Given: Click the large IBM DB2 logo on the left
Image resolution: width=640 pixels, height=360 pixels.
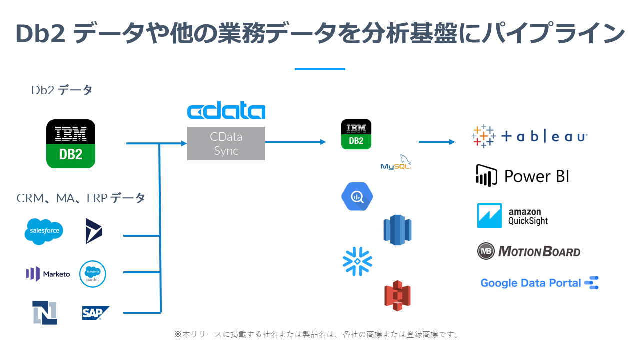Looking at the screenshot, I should (70, 144).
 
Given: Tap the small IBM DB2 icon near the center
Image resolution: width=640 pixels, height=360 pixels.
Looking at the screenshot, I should (356, 134).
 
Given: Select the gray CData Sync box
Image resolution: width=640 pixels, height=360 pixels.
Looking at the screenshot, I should (226, 144).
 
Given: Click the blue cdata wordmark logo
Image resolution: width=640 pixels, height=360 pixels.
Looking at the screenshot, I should (226, 112).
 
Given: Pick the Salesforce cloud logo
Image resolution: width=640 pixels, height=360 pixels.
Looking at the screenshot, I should (44, 231).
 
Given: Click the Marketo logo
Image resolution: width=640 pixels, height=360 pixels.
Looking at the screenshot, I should (48, 274).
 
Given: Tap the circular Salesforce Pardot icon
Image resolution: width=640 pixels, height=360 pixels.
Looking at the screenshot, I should (93, 274).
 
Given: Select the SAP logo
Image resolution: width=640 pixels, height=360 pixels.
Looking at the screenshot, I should (95, 313).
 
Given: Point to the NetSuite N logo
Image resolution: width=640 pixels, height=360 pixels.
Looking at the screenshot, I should (45, 313).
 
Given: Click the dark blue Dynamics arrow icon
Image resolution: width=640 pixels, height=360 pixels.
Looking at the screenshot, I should (93, 231).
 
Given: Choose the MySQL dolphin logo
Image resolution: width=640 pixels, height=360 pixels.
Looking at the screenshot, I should (396, 163).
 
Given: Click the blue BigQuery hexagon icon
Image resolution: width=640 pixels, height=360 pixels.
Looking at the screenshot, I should (357, 196).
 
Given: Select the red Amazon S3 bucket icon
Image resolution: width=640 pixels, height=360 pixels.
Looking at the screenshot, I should (397, 296).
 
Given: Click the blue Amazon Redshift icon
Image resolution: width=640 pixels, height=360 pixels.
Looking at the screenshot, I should (397, 230).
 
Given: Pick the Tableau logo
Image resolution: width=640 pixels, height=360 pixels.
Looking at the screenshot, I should (530, 136).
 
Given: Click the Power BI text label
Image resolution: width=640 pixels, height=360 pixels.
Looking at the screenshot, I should (536, 176).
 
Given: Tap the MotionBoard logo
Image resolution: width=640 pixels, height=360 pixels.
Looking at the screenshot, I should (529, 251).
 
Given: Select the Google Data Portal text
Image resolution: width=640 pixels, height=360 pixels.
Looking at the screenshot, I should (530, 283).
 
